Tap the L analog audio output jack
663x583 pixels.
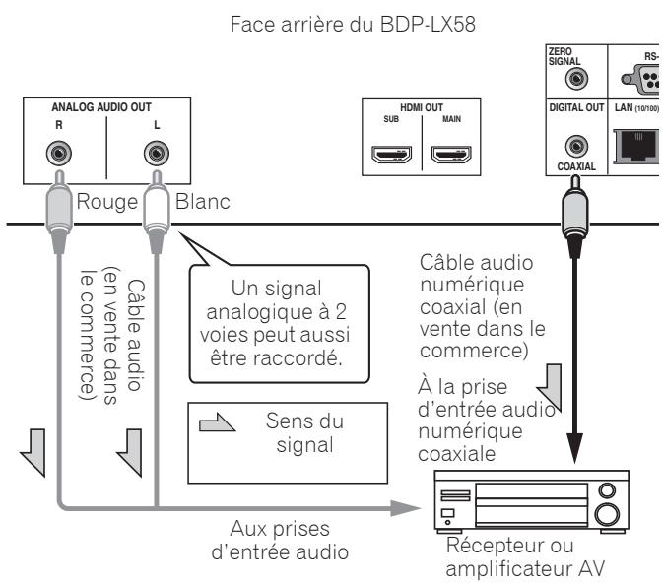click(x=154, y=153)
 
